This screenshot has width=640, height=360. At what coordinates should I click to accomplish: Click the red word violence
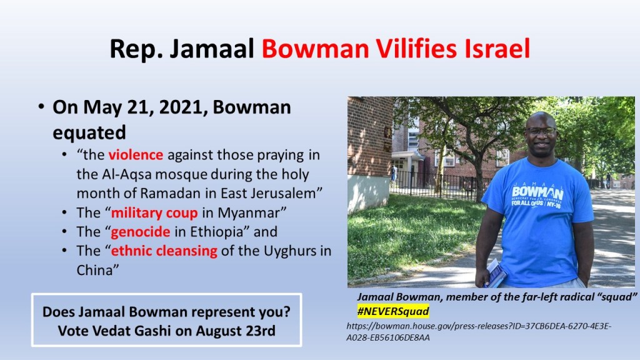[x=136, y=155]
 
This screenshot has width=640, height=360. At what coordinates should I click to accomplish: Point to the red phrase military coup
[x=154, y=213]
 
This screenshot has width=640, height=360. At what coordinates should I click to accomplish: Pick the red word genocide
[x=141, y=232]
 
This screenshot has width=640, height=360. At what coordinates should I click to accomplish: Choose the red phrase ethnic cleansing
[x=164, y=251]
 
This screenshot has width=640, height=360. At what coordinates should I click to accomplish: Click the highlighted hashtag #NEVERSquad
[x=392, y=311]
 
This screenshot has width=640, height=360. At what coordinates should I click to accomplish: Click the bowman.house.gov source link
[x=479, y=331]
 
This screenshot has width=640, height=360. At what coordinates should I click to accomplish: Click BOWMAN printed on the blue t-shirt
[x=537, y=192]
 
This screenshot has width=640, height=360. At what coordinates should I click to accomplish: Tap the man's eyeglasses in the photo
[x=541, y=131]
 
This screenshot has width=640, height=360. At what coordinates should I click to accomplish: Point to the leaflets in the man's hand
[x=495, y=274]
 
